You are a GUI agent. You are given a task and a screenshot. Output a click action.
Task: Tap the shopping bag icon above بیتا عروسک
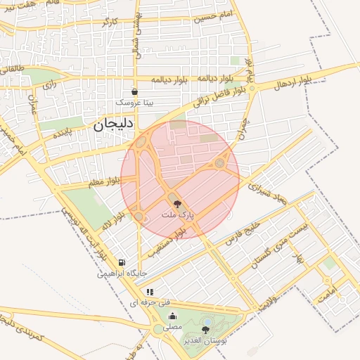click(x=134, y=91)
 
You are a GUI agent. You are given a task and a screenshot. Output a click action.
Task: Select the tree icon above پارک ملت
click(x=176, y=202)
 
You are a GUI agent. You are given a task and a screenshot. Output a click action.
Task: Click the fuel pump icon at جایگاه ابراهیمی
click(x=122, y=262)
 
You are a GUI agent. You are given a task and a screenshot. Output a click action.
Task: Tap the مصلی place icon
click(x=172, y=316)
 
